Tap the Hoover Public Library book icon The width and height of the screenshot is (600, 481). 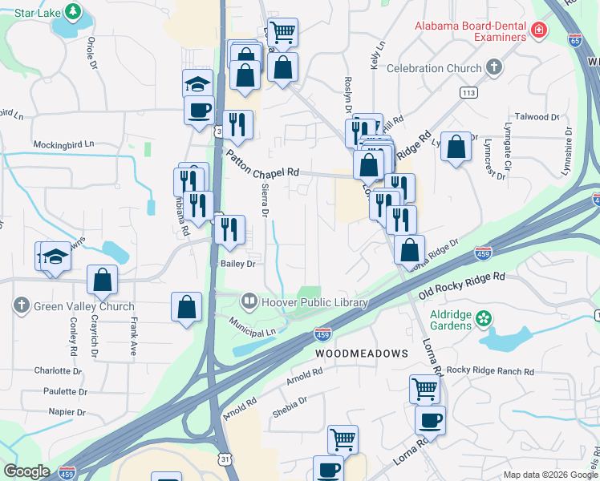[x=249, y=301]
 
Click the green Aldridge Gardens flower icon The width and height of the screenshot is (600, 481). [x=484, y=318]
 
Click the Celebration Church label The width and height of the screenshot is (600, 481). [x=434, y=69]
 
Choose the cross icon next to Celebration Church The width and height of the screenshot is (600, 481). [x=494, y=69]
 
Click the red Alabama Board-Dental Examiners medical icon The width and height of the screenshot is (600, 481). [x=539, y=32]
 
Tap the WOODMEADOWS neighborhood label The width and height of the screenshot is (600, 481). [x=361, y=353]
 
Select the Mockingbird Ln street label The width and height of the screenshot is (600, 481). [x=63, y=144]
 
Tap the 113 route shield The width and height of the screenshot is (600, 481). [x=468, y=93]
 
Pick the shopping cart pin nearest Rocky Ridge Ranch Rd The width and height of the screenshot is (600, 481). [x=424, y=389]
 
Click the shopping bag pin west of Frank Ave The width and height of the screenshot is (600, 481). [x=103, y=280]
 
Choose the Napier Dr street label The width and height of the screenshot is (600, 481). [x=67, y=411]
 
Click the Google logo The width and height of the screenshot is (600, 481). [x=27, y=471]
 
